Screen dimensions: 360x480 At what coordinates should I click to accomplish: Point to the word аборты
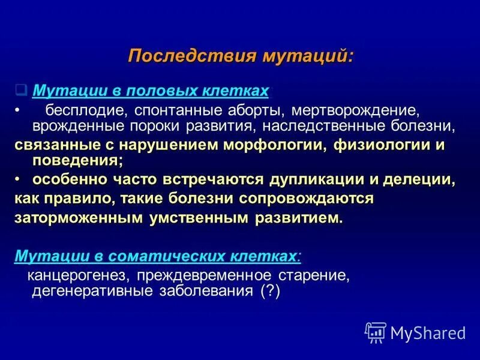pos(244,112)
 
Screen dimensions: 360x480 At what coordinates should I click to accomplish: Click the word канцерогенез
pos(79,276)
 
